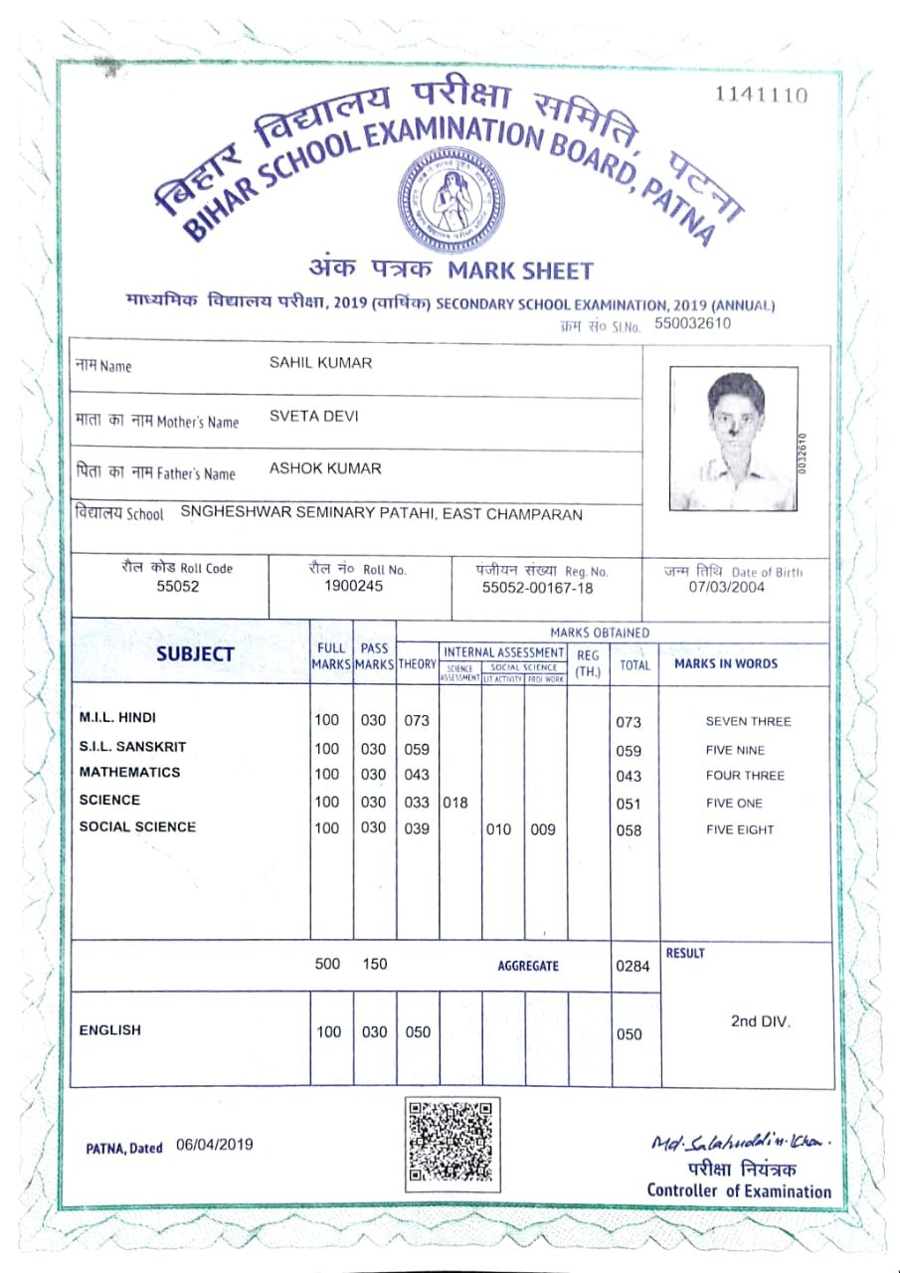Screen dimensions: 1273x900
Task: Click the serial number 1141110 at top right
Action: pos(761,95)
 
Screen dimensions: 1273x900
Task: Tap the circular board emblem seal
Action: pos(450,198)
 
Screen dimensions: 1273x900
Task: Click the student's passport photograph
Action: pos(735,439)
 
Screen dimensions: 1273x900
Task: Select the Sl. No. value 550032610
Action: pos(692,323)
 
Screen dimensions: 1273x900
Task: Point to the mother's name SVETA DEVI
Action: pos(313,417)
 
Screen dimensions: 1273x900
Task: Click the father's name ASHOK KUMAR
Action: pos(325,468)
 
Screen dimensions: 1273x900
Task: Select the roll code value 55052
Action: pos(178,587)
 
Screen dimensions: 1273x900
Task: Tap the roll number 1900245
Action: pos(353,586)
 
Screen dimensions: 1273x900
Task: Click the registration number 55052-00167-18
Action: pos(537,588)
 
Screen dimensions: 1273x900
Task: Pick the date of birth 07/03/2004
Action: pos(728,587)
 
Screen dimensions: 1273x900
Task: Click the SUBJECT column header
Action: pos(195,654)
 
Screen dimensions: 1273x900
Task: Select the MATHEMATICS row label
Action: pos(130,773)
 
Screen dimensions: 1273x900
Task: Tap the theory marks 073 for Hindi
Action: pos(416,720)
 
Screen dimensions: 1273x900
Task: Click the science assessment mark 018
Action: pos(454,803)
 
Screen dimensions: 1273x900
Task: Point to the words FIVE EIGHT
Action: pos(740,829)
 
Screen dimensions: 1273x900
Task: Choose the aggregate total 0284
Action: pos(631,966)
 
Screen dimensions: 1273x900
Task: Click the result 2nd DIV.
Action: pos(761,1021)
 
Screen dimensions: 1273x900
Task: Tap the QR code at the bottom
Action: pos(450,1141)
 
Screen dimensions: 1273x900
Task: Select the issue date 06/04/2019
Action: pos(215,1145)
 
